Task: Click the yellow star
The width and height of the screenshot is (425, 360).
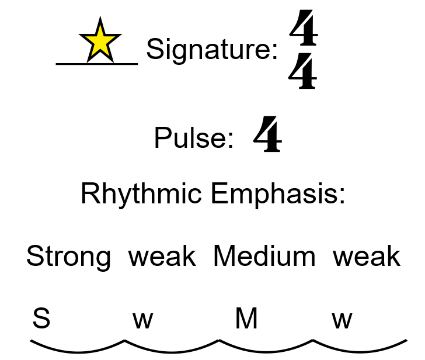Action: click(100, 40)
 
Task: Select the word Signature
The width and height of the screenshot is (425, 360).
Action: click(211, 49)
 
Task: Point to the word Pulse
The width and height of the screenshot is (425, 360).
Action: click(193, 138)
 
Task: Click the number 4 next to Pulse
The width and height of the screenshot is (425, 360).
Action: click(267, 134)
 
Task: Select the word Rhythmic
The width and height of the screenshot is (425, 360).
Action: click(141, 194)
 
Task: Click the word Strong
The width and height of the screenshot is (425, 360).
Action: click(68, 257)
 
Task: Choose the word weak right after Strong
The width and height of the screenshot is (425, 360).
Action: click(162, 257)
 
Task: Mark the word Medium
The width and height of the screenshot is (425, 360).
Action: click(264, 257)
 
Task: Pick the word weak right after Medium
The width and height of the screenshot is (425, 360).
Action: click(367, 257)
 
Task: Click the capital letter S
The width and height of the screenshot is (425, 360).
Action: click(41, 319)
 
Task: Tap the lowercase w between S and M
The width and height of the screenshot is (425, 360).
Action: click(142, 320)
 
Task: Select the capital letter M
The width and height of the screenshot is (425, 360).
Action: click(246, 319)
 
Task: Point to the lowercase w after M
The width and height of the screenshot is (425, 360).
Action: click(342, 320)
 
